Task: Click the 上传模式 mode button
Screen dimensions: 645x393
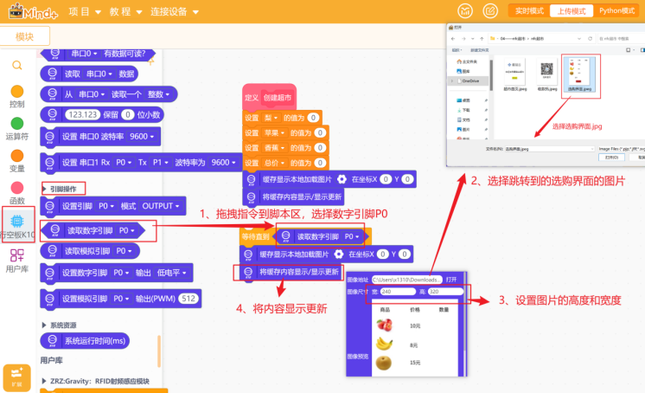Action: click(x=572, y=11)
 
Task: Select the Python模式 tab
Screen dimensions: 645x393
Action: click(x=617, y=11)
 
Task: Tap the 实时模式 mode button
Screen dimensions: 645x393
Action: click(x=528, y=11)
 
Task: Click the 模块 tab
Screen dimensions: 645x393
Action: click(x=24, y=36)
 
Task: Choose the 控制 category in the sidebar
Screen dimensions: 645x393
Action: click(x=16, y=96)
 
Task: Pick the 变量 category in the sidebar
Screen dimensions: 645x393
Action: click(x=16, y=160)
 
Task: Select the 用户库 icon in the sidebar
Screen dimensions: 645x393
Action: click(x=16, y=260)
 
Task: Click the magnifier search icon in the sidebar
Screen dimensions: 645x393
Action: click(x=16, y=65)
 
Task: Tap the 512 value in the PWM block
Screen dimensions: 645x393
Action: click(x=189, y=298)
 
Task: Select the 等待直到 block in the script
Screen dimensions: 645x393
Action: click(x=257, y=236)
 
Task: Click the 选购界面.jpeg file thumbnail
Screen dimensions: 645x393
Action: click(x=578, y=74)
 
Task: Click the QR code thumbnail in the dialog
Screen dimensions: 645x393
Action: click(x=546, y=71)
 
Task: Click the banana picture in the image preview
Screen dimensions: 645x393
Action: click(x=385, y=344)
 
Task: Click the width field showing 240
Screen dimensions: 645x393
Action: click(x=397, y=292)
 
